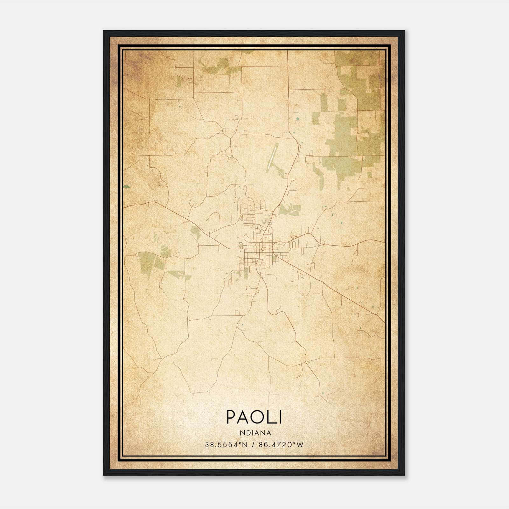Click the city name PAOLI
pos(254,417)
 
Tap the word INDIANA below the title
pos(254,433)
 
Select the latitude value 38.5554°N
pos(226,444)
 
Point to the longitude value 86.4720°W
pos(281,444)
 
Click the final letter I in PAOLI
pos(280,417)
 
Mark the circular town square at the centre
pos(263,249)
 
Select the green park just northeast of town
pos(289,209)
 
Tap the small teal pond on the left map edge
pos(127,187)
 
